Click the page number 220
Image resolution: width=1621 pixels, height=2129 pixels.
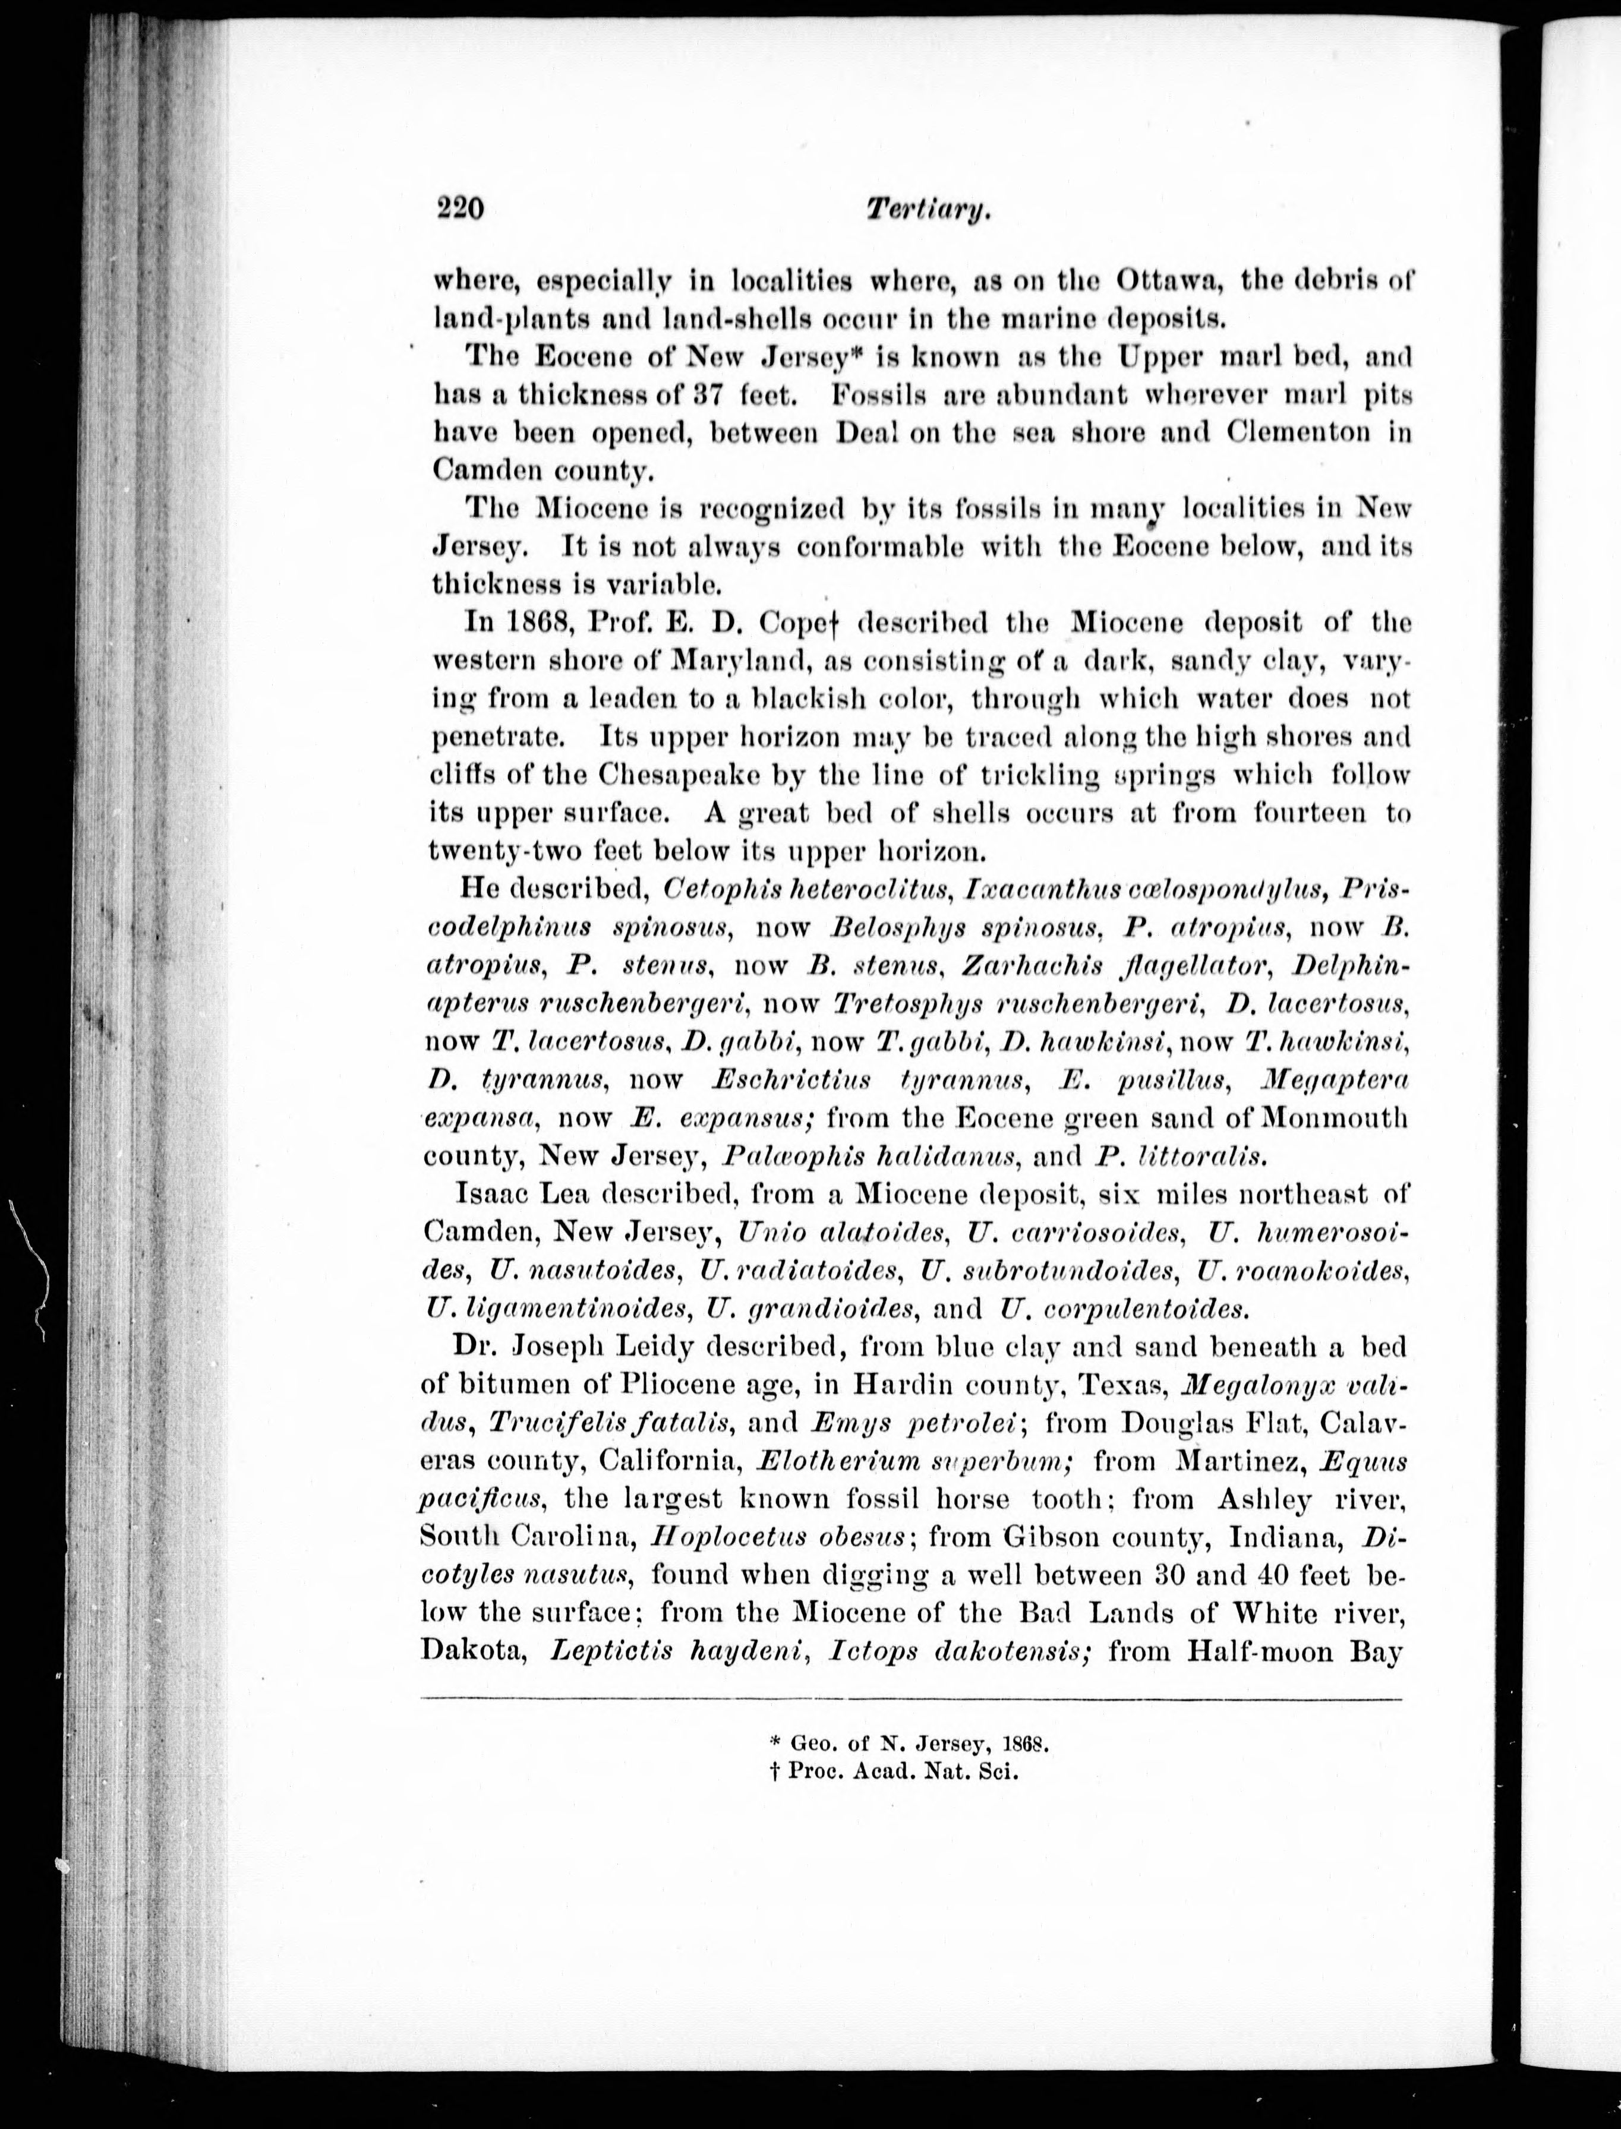pyautogui.click(x=459, y=209)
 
